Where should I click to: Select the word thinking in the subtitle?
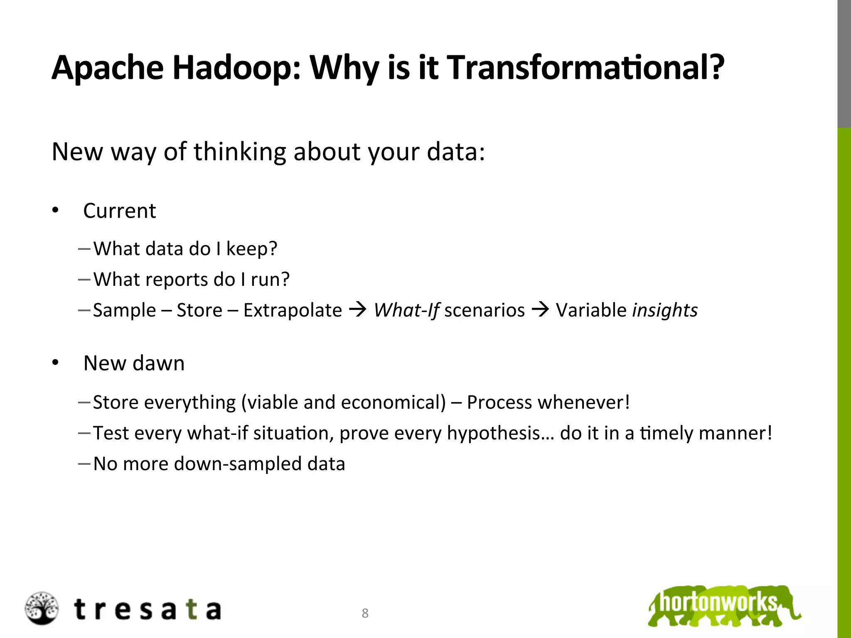coord(240,152)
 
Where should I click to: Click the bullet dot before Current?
coord(56,211)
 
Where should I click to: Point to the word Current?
coord(120,211)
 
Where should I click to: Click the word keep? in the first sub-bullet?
coord(251,249)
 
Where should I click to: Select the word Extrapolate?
coord(293,310)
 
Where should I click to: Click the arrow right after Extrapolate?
coord(358,309)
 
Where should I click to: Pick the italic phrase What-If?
coord(406,310)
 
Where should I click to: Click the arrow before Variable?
coord(540,309)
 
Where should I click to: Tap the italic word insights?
coord(664,310)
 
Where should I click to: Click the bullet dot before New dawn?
coord(56,363)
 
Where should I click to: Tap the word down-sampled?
coord(237,464)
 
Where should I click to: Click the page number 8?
coord(365,613)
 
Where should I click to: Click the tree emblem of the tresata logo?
coord(42,608)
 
